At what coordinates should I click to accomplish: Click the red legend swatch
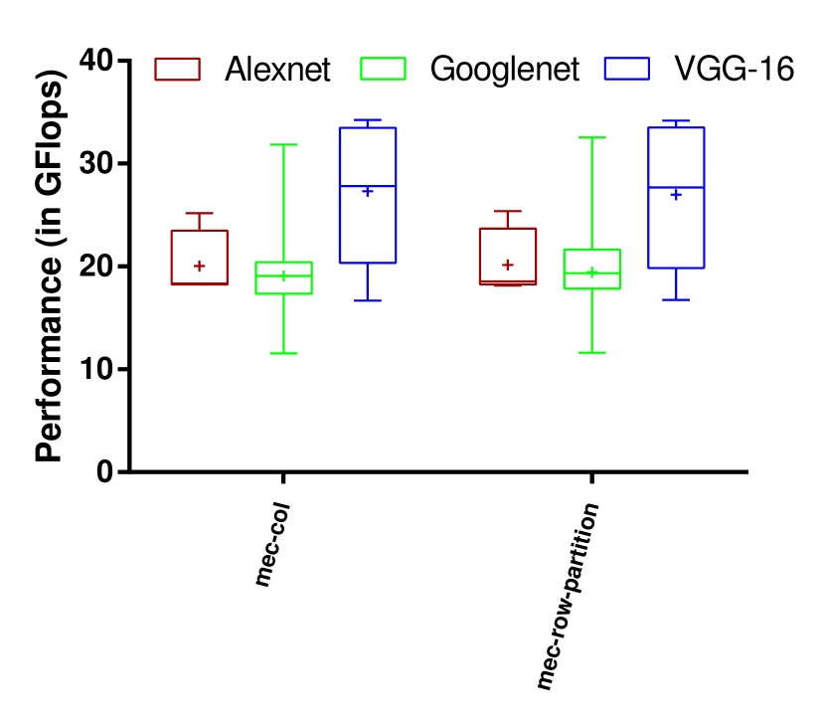click(x=177, y=69)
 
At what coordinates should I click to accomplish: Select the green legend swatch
click(x=383, y=69)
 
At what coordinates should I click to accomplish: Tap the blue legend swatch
click(x=626, y=69)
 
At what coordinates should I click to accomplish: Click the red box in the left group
click(x=199, y=257)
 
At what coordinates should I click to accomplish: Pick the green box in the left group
click(x=283, y=277)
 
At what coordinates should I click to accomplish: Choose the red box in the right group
click(x=508, y=256)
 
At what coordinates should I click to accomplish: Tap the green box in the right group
click(x=591, y=269)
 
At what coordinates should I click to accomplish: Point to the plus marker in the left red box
click(x=200, y=266)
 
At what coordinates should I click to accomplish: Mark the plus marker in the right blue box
click(x=676, y=195)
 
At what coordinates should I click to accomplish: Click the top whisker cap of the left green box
click(x=283, y=145)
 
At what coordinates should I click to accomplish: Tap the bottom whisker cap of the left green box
click(x=283, y=353)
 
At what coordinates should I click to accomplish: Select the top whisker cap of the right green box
click(x=591, y=138)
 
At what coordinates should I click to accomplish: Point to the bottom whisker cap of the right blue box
click(x=676, y=299)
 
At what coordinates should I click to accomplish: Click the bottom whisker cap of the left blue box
click(x=368, y=300)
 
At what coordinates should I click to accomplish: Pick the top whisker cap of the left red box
click(x=199, y=213)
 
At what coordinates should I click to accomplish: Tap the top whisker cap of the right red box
click(x=508, y=211)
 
